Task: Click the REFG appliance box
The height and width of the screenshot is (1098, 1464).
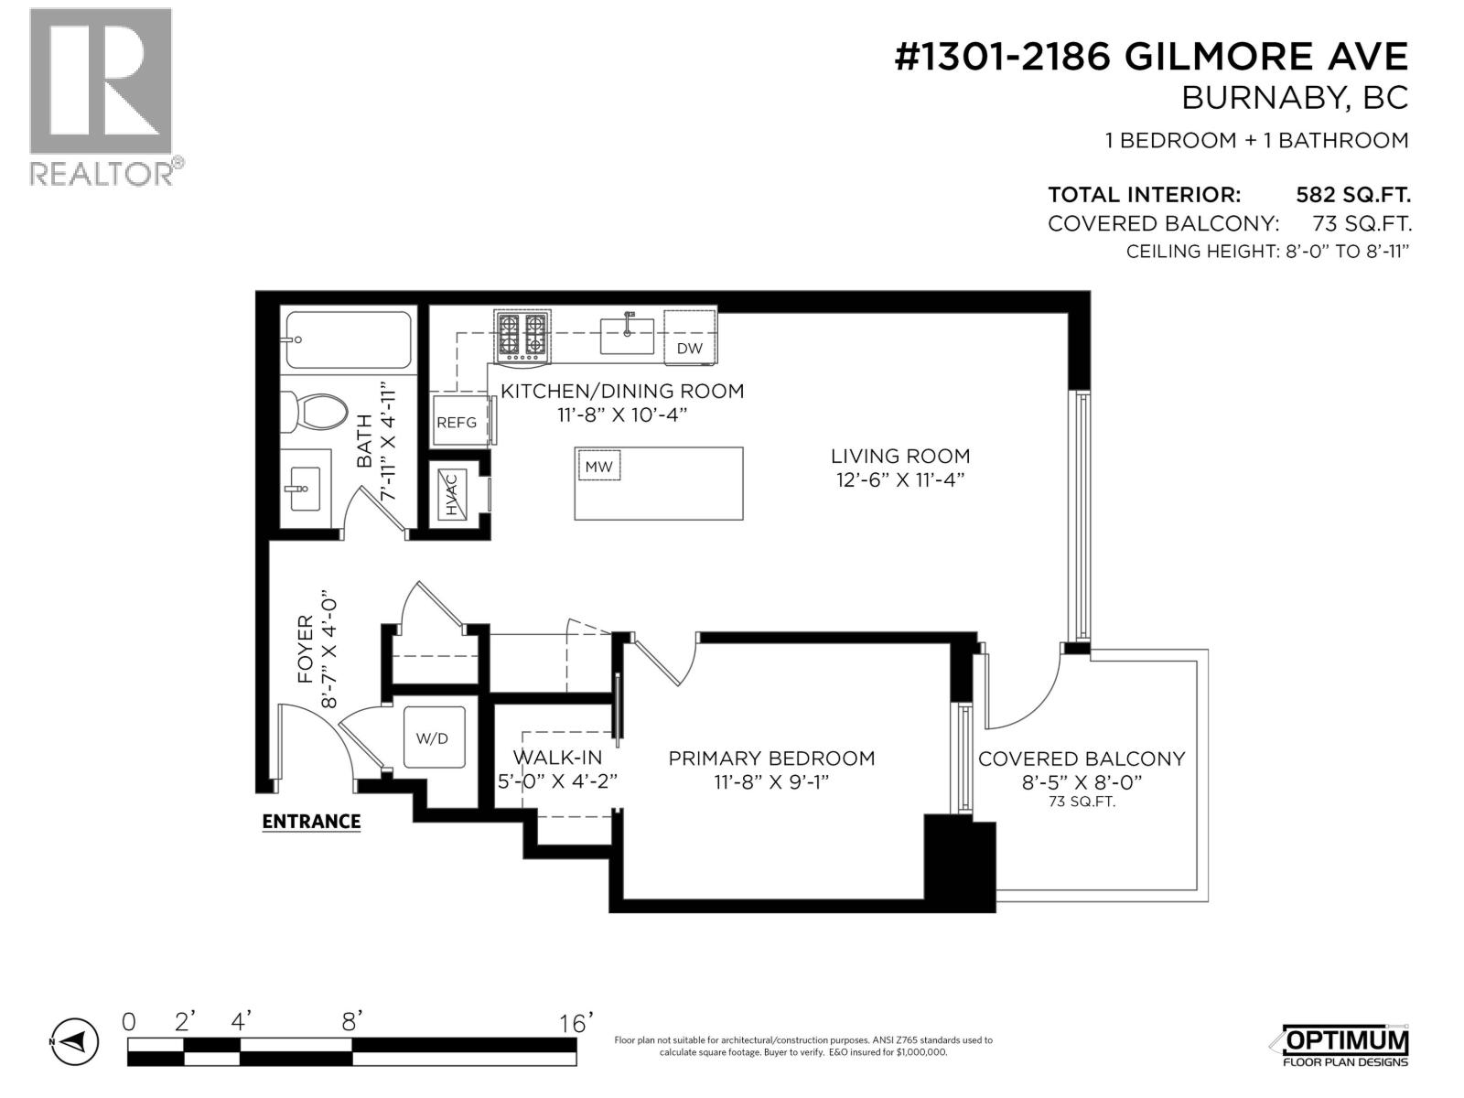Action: pos(457,421)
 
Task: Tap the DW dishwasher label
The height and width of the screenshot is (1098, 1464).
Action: pos(689,348)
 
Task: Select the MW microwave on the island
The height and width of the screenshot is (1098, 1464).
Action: pos(599,467)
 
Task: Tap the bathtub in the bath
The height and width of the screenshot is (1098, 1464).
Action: pos(348,339)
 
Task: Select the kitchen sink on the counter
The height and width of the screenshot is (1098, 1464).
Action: pos(628,334)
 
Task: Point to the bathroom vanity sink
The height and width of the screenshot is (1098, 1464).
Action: pos(301,489)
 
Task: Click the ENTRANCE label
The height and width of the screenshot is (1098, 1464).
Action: pos(311,822)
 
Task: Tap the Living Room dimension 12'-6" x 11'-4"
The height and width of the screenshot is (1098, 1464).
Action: pos(900,479)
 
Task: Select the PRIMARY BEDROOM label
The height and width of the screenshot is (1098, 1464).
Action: pos(771,758)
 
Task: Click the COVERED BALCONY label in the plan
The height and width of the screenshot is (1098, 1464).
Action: pos(1082,759)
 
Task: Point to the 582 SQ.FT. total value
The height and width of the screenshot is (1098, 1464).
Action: pos(1352,195)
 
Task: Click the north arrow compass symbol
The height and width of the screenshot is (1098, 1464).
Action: pos(73,1041)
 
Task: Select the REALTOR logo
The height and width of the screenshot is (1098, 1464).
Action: pos(101,96)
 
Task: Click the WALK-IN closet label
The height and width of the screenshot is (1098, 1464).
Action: pos(557,758)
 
